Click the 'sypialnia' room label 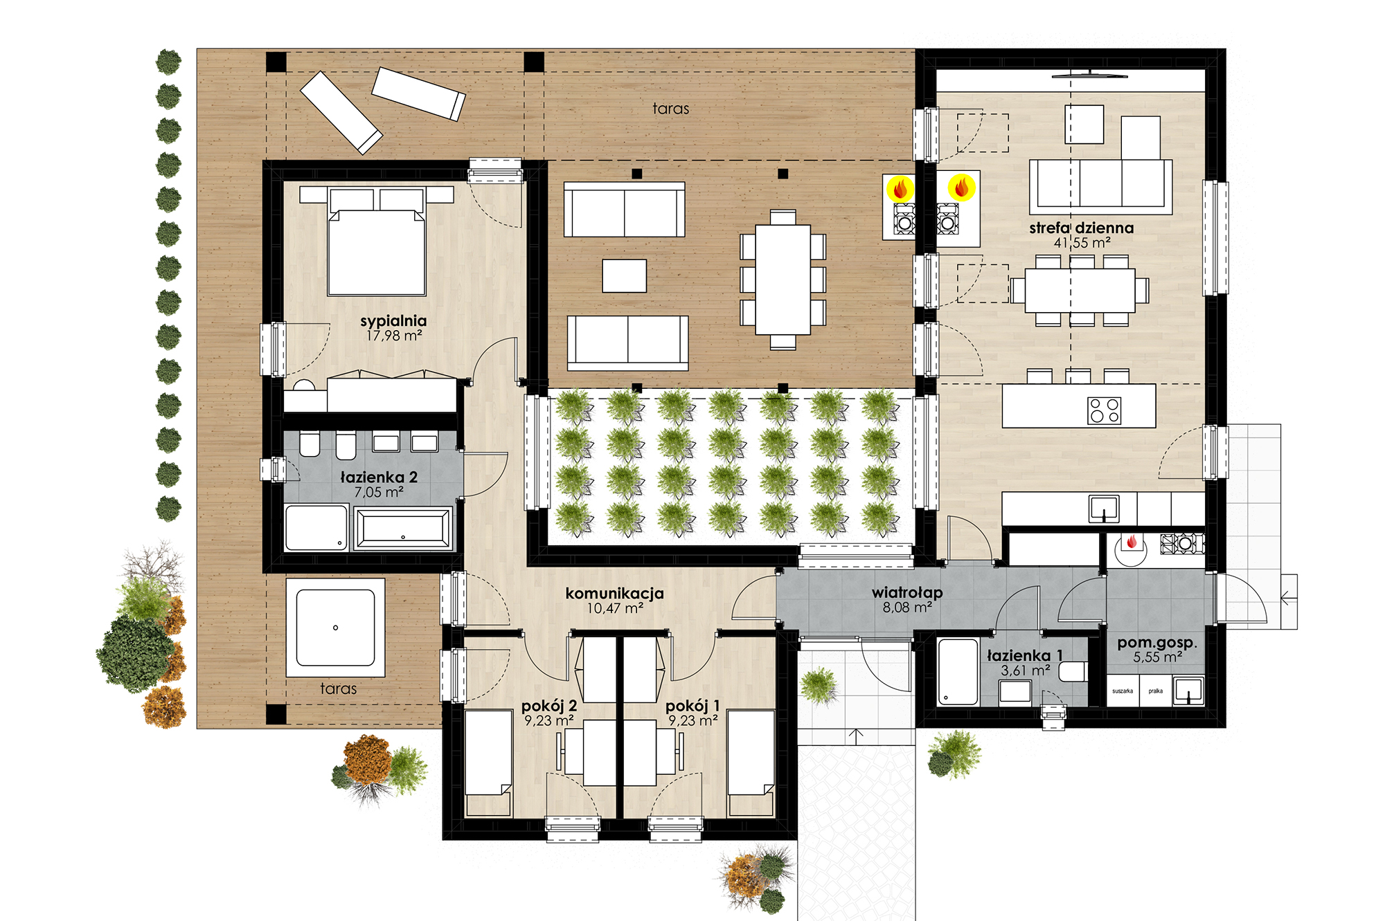(x=393, y=321)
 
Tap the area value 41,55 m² (x=1082, y=243)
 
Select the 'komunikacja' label (x=614, y=594)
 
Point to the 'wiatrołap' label (x=907, y=592)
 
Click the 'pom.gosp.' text (x=1157, y=643)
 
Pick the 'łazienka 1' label (x=1025, y=655)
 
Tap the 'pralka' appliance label (x=1156, y=691)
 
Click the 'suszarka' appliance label (x=1123, y=691)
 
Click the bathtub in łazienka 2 (x=402, y=529)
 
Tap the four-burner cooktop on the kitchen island (x=1105, y=410)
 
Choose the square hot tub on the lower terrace (x=336, y=628)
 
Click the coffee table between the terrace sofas (x=624, y=276)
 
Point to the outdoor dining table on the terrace (x=783, y=280)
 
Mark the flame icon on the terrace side (x=900, y=188)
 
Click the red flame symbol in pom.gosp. (x=1132, y=542)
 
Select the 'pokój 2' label (x=549, y=706)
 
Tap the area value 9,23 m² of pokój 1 (x=692, y=721)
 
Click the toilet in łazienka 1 (x=1073, y=672)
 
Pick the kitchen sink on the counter (x=1104, y=509)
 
